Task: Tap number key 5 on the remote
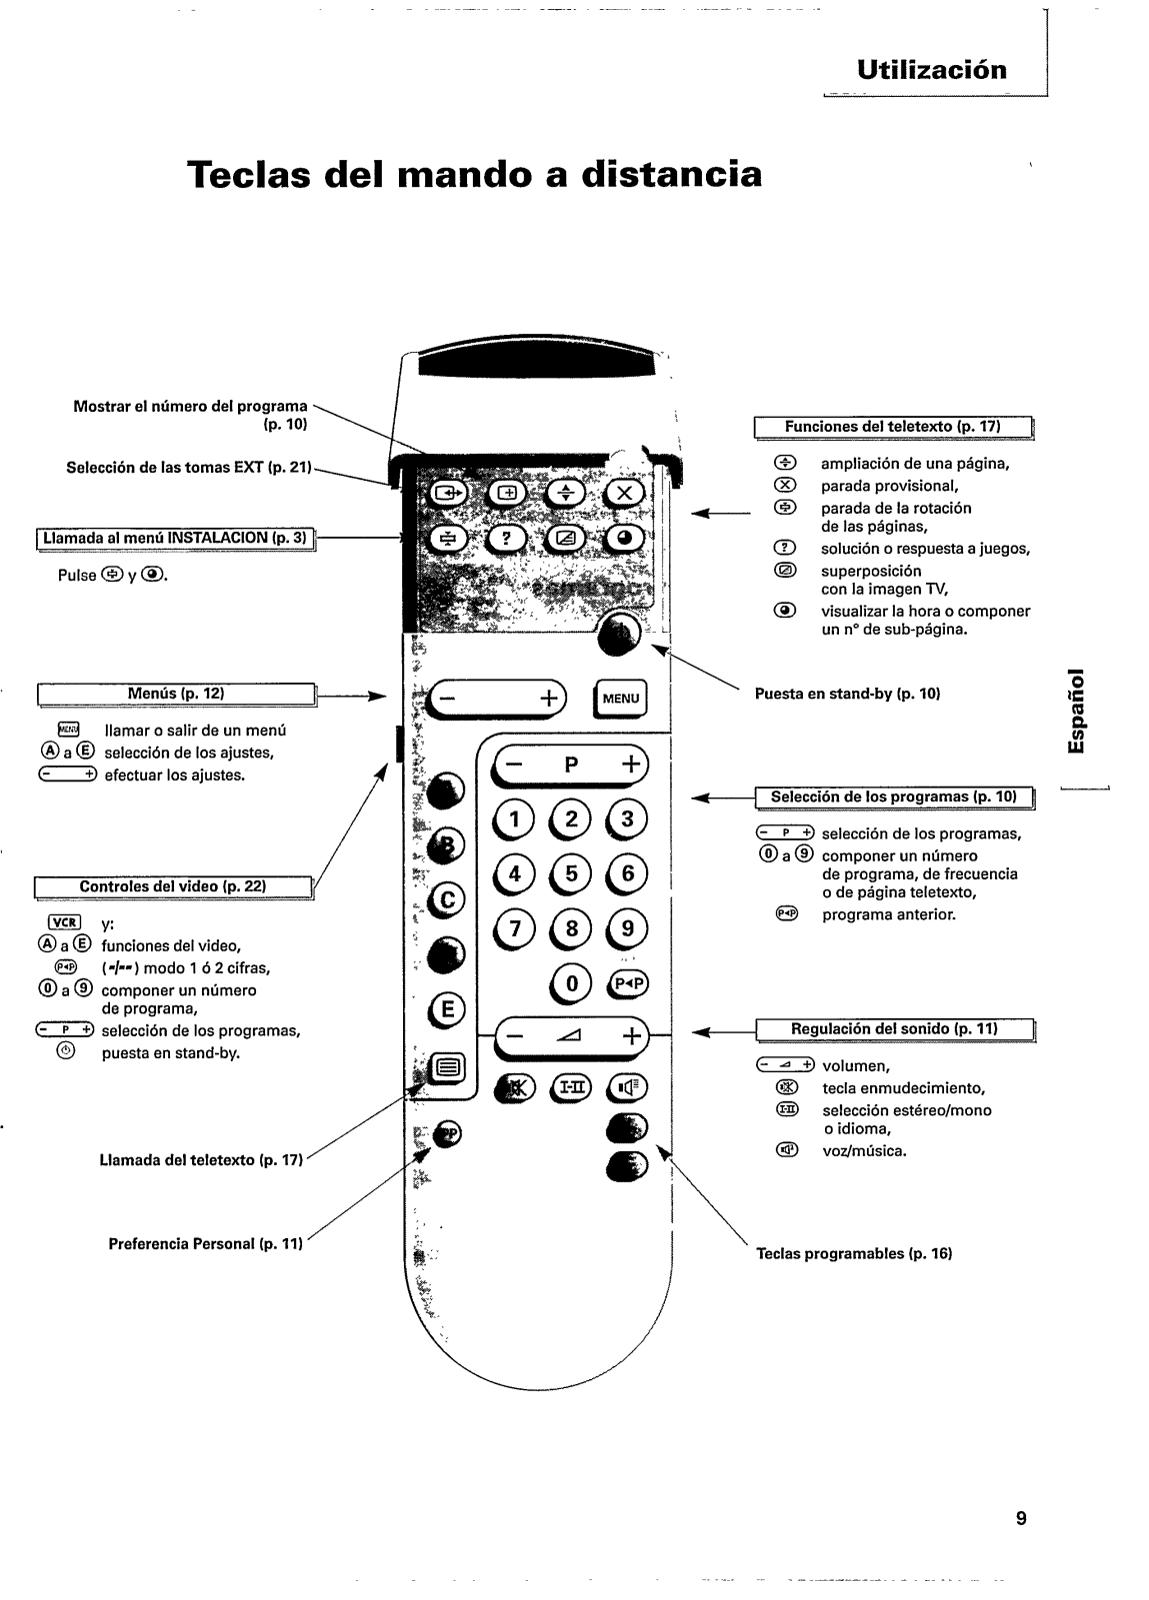click(571, 873)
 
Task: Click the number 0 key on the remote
click(571, 983)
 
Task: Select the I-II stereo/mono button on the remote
click(571, 1088)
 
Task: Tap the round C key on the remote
click(446, 899)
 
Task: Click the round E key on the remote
click(446, 1008)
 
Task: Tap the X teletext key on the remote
click(625, 493)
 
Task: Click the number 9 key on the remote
click(627, 928)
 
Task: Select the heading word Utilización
click(932, 70)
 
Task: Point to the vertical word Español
click(1075, 710)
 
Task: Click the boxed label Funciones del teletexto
click(894, 427)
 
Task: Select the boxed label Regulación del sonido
click(895, 1029)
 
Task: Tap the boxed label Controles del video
click(174, 887)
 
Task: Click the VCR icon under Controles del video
click(64, 922)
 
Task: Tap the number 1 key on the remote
click(514, 819)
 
